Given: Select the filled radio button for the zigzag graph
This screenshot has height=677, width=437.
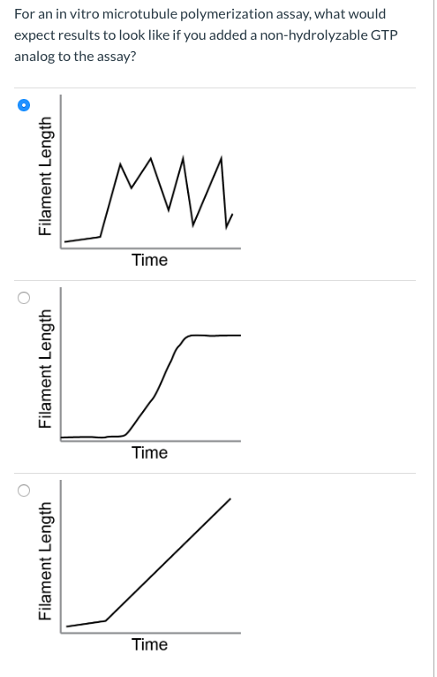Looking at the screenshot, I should tap(25, 105).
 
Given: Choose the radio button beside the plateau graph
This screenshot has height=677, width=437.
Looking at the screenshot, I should tap(25, 298).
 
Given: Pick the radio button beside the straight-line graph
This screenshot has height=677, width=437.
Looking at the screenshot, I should tap(25, 491).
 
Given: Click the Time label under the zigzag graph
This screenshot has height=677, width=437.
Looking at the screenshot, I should tap(149, 260).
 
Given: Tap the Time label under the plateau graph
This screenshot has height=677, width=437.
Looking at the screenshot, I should tap(149, 453).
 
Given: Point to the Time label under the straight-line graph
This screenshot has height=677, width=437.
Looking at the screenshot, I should tap(149, 644).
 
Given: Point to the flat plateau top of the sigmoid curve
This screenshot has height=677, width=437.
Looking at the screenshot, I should tap(212, 336).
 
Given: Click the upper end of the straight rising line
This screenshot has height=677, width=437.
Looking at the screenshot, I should tap(230, 499).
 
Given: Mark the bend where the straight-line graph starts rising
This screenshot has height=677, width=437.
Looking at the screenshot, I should tap(106, 620).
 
